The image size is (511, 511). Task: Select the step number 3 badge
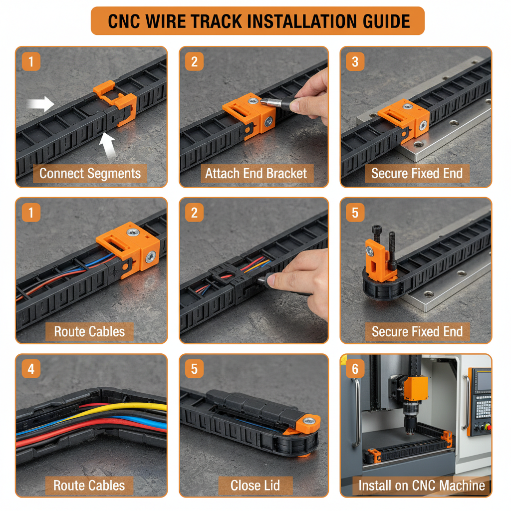pyautogui.click(x=355, y=62)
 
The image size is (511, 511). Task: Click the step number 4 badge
pyautogui.click(x=31, y=369)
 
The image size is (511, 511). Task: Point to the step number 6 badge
pyautogui.click(x=355, y=369)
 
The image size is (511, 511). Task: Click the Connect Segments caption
pyautogui.click(x=90, y=174)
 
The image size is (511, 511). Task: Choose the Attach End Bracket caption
pyautogui.click(x=256, y=174)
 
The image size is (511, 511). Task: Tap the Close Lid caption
pyautogui.click(x=255, y=485)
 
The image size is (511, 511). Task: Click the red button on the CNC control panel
pyautogui.click(x=488, y=427)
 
